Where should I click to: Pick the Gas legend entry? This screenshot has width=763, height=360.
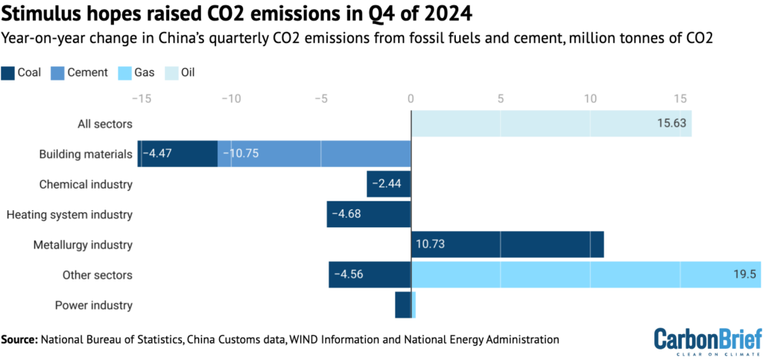[142, 72]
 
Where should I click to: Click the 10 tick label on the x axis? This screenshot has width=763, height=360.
[590, 98]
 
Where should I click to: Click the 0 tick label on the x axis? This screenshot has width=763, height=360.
[411, 98]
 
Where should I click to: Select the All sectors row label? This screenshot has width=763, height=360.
[105, 124]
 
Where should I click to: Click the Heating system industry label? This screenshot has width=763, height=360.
[69, 215]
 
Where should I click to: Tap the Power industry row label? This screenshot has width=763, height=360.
[94, 305]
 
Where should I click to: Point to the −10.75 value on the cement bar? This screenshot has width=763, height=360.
[243, 154]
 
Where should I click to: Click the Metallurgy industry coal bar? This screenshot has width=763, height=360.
[507, 244]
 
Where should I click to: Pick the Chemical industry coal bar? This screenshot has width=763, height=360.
[389, 184]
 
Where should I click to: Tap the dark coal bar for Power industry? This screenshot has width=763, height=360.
[402, 305]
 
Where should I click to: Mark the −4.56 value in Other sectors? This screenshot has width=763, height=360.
[349, 275]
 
